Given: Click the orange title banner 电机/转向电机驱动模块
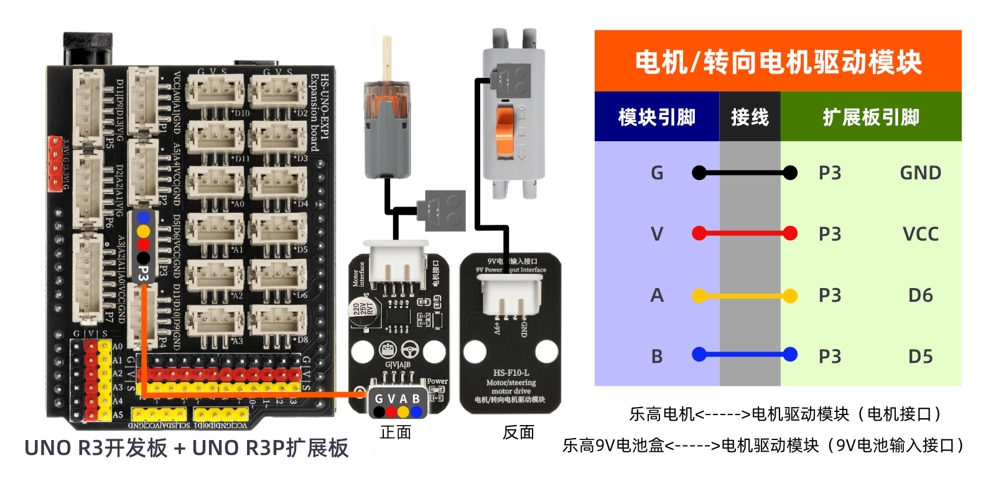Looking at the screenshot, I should click(x=778, y=62).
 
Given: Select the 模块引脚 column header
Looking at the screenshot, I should click(x=656, y=117).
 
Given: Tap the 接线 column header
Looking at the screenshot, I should click(x=750, y=117).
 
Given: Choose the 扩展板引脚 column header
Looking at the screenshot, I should click(x=871, y=117).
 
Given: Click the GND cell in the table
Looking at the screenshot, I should click(x=920, y=173).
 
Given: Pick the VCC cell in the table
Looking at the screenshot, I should click(x=920, y=234).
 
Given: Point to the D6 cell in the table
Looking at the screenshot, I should click(x=920, y=295).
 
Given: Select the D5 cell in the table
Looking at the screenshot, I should click(x=920, y=357).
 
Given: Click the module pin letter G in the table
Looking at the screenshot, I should click(x=657, y=173).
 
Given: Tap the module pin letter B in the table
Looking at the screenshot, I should click(x=657, y=357).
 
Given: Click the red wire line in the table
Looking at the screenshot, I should click(x=745, y=233).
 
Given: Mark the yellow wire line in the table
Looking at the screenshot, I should click(x=745, y=296).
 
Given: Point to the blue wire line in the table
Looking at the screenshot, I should click(x=745, y=355).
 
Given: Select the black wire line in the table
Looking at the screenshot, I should click(x=745, y=172).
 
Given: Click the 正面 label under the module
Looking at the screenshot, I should click(x=396, y=433).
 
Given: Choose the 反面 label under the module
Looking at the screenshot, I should click(x=518, y=433).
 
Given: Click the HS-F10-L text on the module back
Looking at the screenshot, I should click(x=511, y=373).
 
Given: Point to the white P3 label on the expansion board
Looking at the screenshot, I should click(x=144, y=273).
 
